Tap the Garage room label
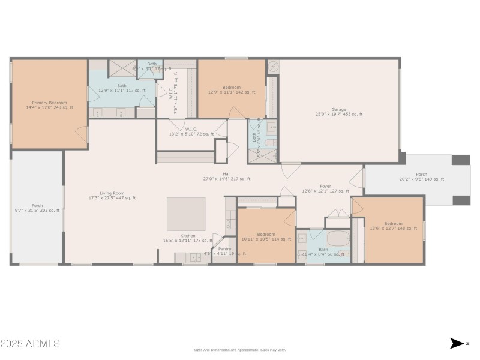339,112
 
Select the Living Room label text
112,195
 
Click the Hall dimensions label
227,179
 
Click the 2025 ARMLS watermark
30,344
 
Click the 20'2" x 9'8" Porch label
421,176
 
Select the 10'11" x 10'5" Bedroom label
266,236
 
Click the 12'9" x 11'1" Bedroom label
232,90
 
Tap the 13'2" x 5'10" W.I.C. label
191,131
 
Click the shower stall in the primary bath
122,68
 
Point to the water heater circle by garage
272,67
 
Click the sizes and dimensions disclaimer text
239,350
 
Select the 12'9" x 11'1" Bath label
122,88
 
